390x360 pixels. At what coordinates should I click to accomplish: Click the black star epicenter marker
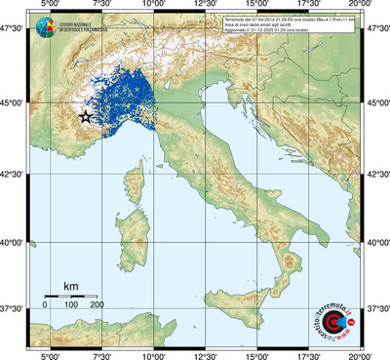pos(85,117)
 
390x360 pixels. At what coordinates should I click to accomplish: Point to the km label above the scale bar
pos(70,286)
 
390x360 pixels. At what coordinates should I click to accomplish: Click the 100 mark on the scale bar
pos(71,306)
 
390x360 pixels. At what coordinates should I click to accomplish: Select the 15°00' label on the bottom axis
pos(256,354)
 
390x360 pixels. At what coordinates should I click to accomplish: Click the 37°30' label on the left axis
pos(16,308)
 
